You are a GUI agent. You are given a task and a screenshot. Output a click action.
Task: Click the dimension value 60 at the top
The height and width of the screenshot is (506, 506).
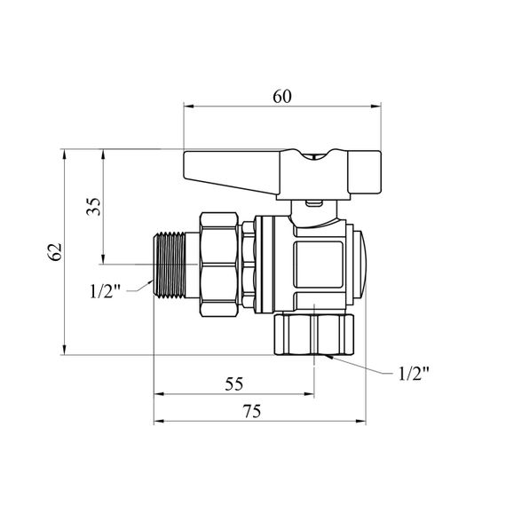282,96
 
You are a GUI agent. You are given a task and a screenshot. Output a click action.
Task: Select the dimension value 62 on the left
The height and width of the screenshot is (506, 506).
54,251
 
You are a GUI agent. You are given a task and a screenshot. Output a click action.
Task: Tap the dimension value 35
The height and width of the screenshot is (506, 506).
93,207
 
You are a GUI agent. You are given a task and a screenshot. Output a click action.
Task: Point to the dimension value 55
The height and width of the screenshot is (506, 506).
234,384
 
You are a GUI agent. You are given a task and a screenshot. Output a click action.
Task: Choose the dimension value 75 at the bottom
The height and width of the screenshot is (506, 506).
252,411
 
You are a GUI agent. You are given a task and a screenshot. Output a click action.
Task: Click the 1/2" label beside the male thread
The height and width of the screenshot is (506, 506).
105,291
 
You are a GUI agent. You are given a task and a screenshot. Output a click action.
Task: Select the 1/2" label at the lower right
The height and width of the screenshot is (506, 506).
414,374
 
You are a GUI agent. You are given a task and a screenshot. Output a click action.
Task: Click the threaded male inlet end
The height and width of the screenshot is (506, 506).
169,265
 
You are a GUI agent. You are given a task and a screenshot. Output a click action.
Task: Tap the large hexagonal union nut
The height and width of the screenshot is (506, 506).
219,265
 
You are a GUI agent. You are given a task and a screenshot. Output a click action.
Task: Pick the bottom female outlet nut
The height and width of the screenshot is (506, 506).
314,335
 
